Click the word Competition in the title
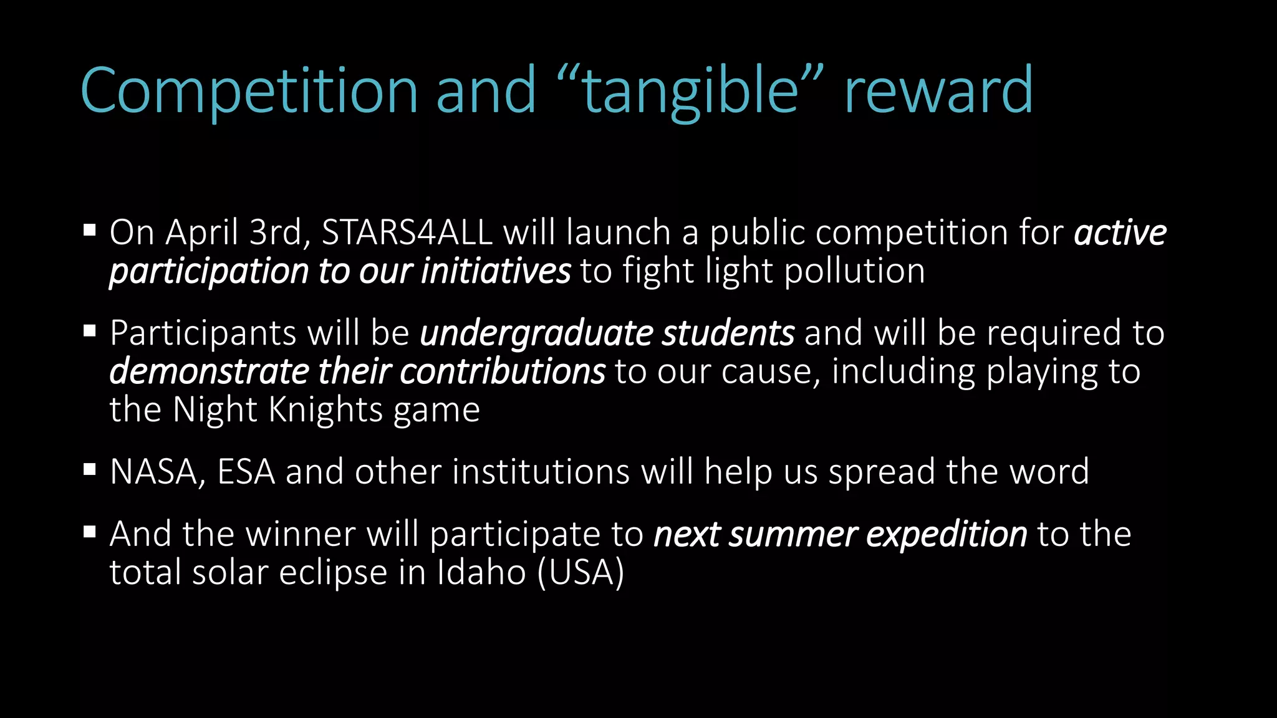(249, 91)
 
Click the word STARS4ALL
(407, 232)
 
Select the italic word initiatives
(496, 271)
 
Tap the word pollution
(854, 271)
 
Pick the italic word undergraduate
(536, 333)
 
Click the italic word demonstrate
(209, 371)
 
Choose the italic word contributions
(502, 371)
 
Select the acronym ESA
(246, 472)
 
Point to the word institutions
(541, 472)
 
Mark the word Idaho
(481, 572)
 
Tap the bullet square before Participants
(90, 330)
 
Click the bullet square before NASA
(90, 469)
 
